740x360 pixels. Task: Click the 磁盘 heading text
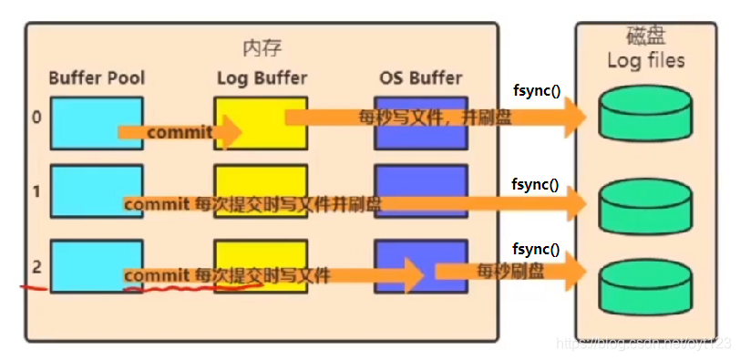(646, 37)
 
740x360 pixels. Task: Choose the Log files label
(646, 61)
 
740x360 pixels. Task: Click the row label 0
(36, 118)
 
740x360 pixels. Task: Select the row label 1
(36, 192)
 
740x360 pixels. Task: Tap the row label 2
(36, 267)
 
